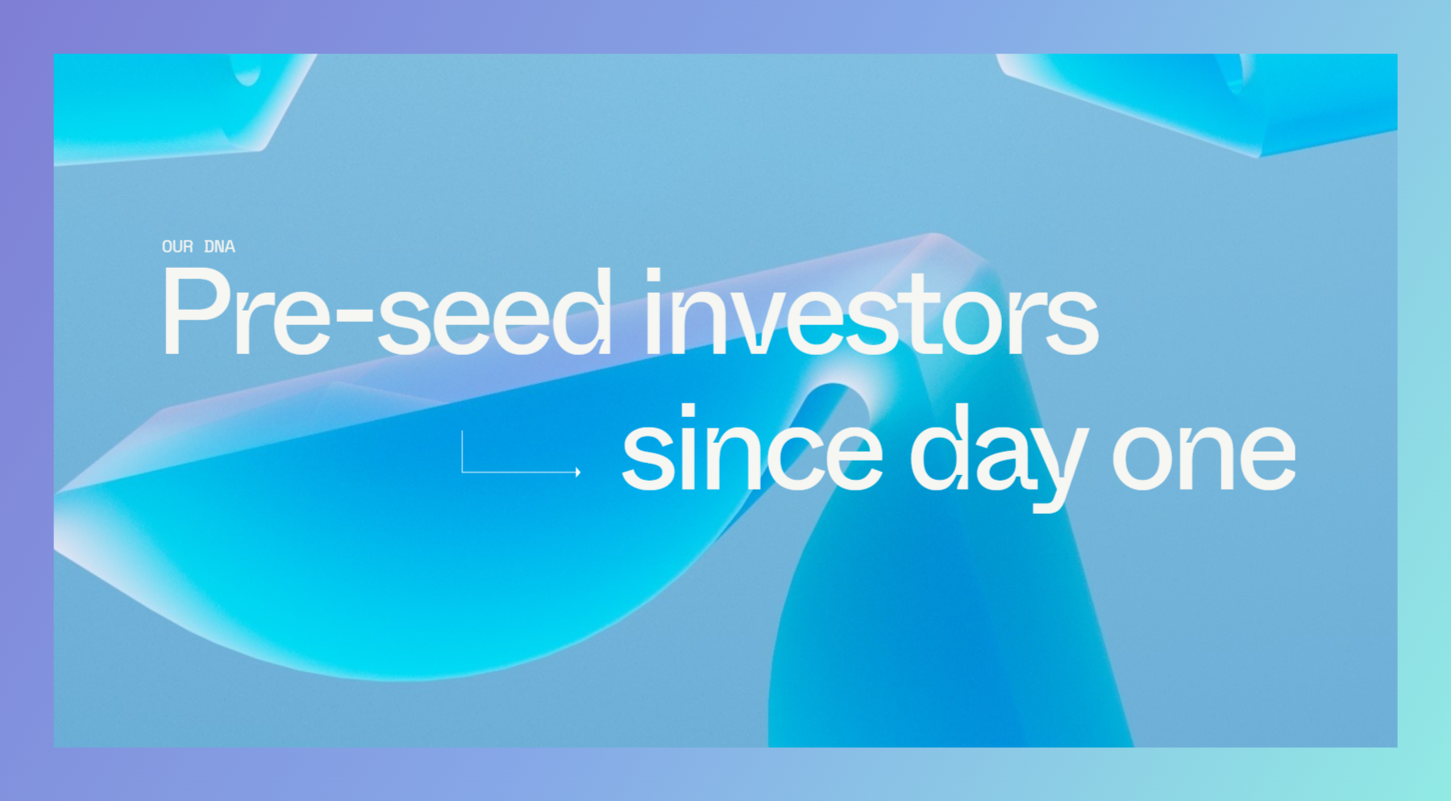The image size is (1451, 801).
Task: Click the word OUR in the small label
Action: click(177, 247)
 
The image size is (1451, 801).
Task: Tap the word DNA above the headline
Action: click(219, 247)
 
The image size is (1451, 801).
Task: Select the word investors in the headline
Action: click(871, 311)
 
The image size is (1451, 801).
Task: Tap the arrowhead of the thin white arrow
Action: click(578, 472)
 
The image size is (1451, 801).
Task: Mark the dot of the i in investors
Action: click(653, 276)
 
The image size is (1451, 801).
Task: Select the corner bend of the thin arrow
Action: click(462, 472)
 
